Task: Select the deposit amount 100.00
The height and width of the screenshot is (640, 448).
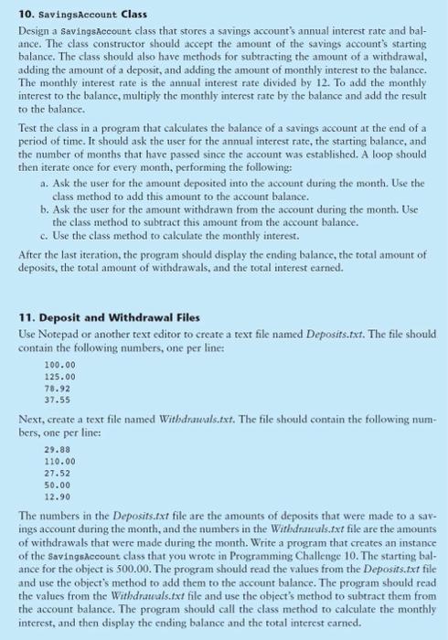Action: pyautogui.click(x=58, y=365)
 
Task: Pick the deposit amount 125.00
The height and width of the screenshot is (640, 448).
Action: pyautogui.click(x=58, y=375)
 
